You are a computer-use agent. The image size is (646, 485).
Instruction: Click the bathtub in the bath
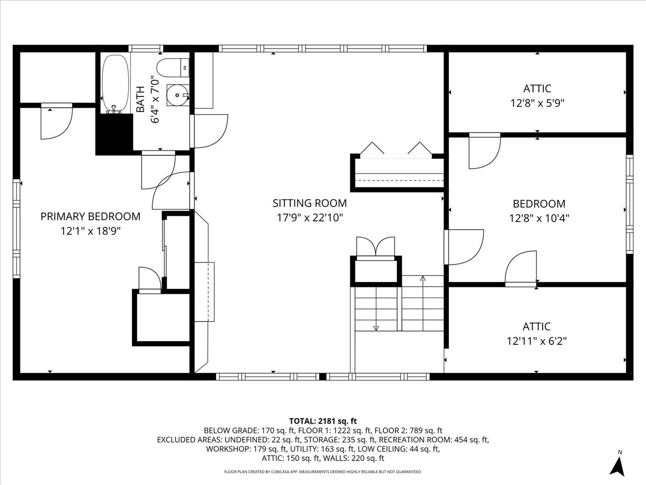pyautogui.click(x=115, y=84)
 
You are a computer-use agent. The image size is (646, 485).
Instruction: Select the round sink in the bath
pyautogui.click(x=177, y=95)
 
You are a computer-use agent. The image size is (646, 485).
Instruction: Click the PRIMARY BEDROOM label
pyautogui.click(x=90, y=217)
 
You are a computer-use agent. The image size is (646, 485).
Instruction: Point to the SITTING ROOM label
pyautogui.click(x=310, y=204)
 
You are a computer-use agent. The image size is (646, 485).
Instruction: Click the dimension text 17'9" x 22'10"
pyautogui.click(x=310, y=218)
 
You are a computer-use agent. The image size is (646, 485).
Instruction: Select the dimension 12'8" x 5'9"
pyautogui.click(x=537, y=102)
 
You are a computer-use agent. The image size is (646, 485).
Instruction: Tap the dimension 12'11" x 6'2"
pyautogui.click(x=537, y=341)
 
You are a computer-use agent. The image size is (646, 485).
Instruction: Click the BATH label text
pyautogui.click(x=141, y=99)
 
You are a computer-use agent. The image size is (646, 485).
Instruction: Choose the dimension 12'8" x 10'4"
pyautogui.click(x=539, y=218)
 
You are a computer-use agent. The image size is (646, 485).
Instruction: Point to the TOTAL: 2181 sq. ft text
pyautogui.click(x=323, y=421)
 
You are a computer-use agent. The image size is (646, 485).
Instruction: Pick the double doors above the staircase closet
pyautogui.click(x=376, y=247)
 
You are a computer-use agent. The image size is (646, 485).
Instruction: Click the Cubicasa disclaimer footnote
pyautogui.click(x=323, y=472)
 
